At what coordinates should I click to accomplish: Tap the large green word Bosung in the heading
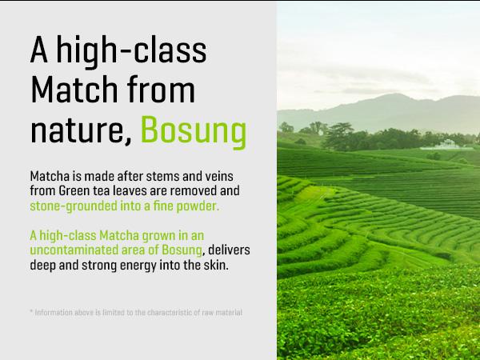(192, 129)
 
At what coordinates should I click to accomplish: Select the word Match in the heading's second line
(78, 90)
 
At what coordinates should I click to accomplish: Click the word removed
(213, 190)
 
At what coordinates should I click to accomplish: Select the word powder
(198, 206)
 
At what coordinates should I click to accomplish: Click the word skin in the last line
(216, 266)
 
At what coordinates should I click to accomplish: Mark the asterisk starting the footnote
(30, 311)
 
